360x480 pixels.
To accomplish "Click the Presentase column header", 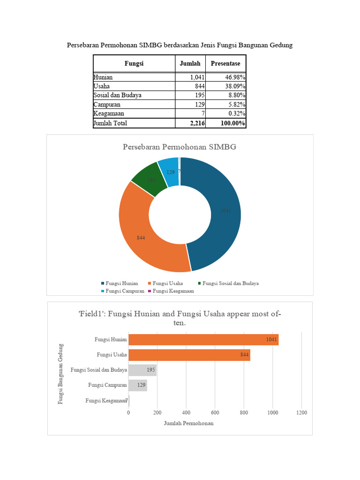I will click(x=225, y=64).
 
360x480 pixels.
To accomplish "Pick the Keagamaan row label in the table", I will click(x=109, y=113).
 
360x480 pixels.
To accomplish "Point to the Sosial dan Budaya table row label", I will click(x=117, y=95).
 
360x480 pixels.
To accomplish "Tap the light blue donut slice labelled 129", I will click(x=170, y=172).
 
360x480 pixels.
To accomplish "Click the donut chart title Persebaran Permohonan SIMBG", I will click(x=180, y=147).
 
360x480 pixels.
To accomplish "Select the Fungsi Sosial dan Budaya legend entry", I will click(x=230, y=284).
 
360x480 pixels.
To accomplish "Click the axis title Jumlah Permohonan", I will click(x=188, y=423).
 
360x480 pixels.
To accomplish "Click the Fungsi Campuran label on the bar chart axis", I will click(x=107, y=385).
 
